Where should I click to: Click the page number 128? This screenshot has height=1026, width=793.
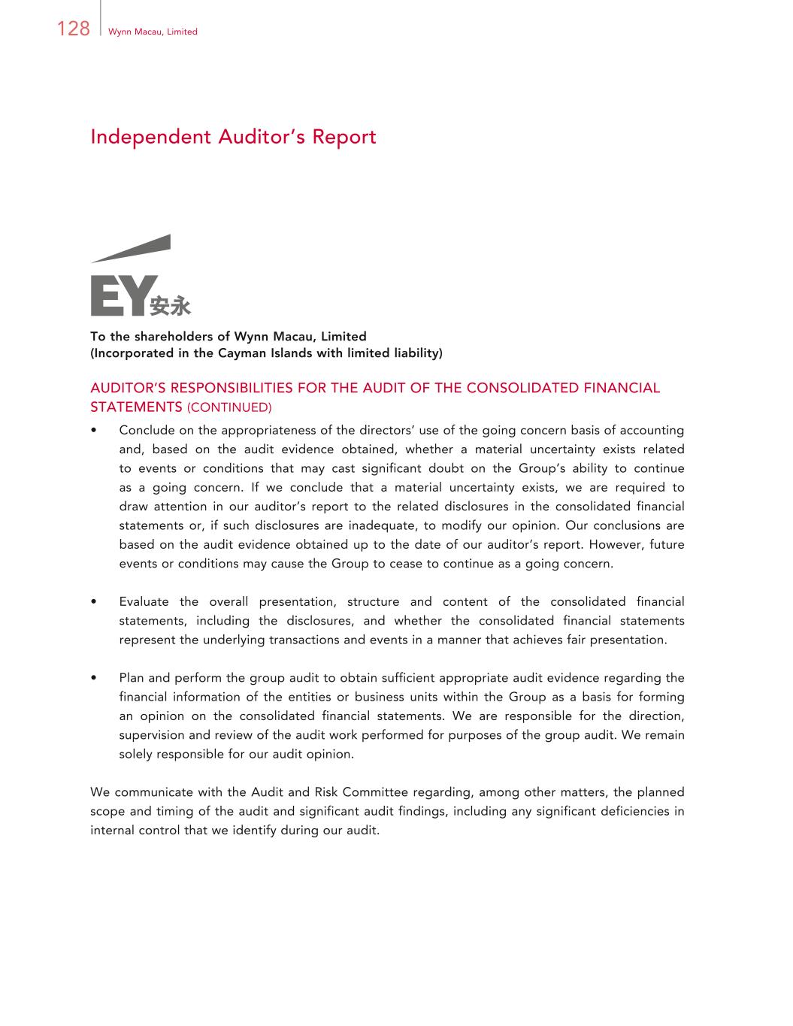[73, 29]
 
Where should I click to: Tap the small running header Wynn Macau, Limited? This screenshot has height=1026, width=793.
[153, 32]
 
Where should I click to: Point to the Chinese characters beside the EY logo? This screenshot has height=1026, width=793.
[171, 306]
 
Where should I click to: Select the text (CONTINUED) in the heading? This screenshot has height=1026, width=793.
[229, 407]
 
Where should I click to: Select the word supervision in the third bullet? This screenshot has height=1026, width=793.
[153, 735]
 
